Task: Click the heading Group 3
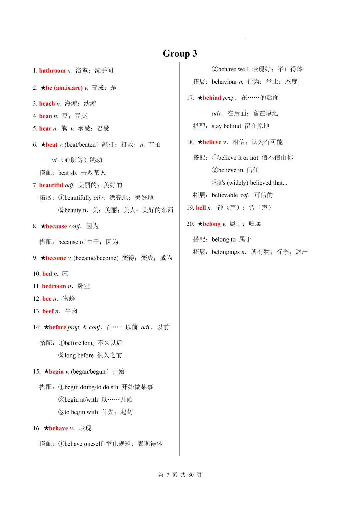(x=180, y=53)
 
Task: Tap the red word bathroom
(x=52, y=71)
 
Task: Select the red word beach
(x=47, y=104)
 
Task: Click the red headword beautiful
(x=51, y=185)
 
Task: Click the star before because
(x=43, y=226)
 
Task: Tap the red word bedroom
(x=54, y=286)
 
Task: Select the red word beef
(x=48, y=311)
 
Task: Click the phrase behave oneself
(x=83, y=444)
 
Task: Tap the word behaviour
(x=224, y=82)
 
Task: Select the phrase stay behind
(x=226, y=126)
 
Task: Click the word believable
(x=225, y=195)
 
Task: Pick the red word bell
(x=201, y=208)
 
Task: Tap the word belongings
(x=226, y=252)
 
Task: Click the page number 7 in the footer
(x=168, y=475)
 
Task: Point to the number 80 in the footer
(x=191, y=475)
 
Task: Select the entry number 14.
(x=37, y=327)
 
